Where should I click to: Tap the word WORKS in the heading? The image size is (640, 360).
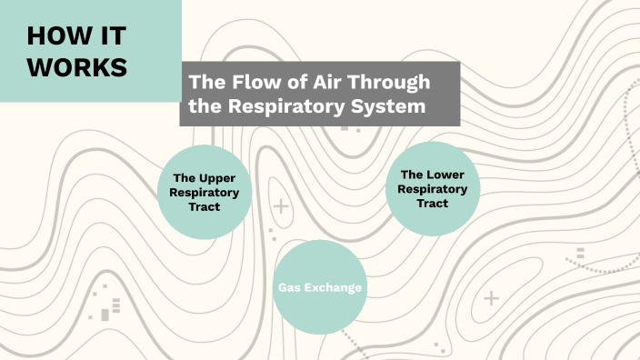point(77,67)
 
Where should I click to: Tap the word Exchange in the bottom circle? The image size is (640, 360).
point(334,288)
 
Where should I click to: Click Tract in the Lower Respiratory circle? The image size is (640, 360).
point(433,203)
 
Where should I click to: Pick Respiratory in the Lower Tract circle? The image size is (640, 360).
point(433,188)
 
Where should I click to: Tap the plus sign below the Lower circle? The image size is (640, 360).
point(492,297)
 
